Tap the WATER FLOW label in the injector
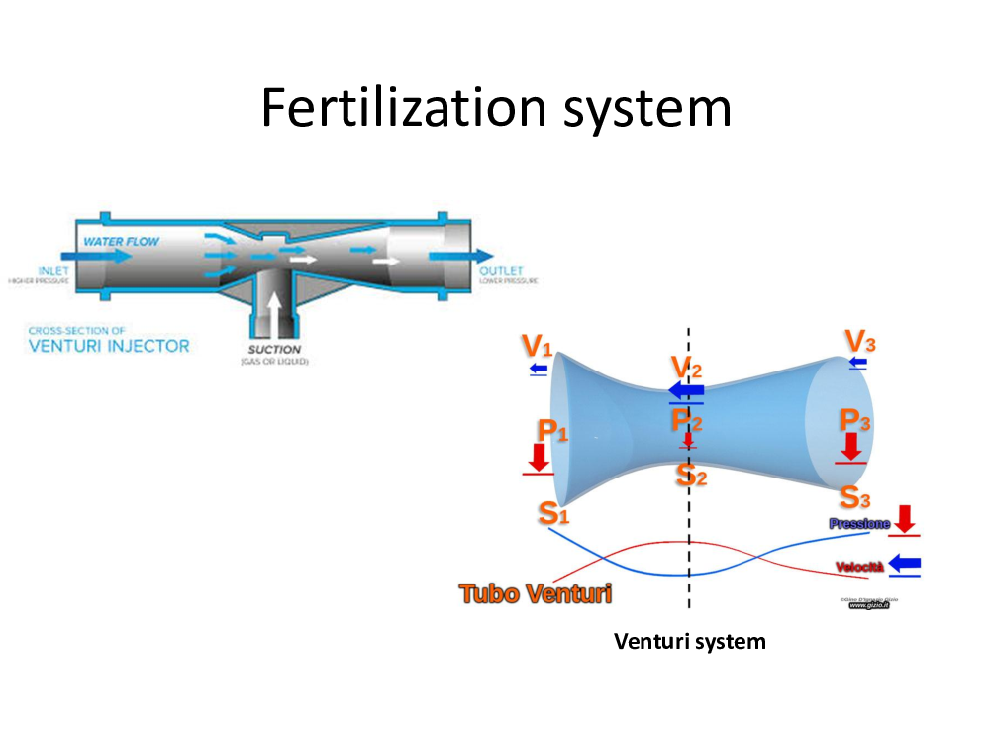[x=121, y=241]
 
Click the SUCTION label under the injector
[x=274, y=350]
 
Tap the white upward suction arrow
[x=274, y=311]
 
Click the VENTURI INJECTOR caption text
[x=108, y=346]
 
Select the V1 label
[x=537, y=347]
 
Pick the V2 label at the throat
[x=686, y=368]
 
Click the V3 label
[x=859, y=342]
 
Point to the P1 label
[x=552, y=430]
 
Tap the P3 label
[x=855, y=419]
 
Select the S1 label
[x=553, y=513]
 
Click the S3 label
[x=855, y=496]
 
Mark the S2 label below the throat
[x=691, y=475]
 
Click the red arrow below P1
[x=540, y=457]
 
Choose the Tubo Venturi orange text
[x=535, y=593]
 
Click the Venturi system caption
[x=689, y=641]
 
